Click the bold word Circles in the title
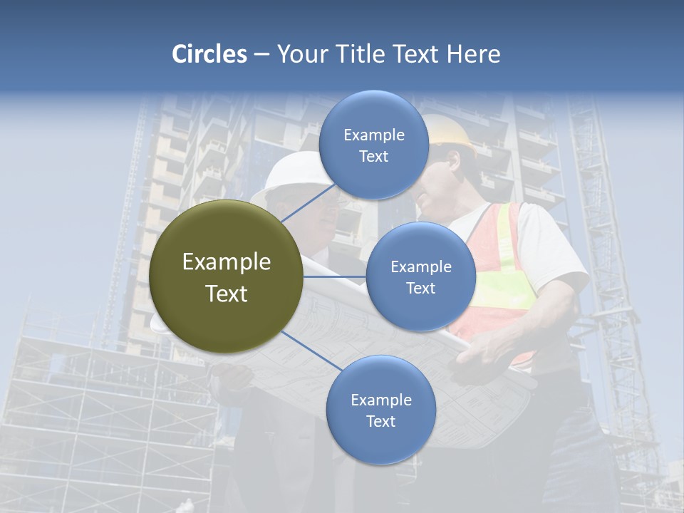(x=209, y=54)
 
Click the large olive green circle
(x=226, y=276)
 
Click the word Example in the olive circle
(x=226, y=262)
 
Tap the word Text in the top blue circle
(x=373, y=157)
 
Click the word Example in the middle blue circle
(x=420, y=267)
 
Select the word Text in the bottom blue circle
(x=380, y=422)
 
